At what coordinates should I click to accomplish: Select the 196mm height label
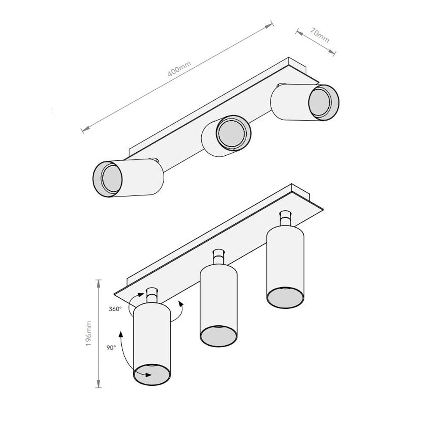point(88,334)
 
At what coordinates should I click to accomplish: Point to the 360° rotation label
point(115,309)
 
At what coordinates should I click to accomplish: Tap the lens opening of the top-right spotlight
point(320,102)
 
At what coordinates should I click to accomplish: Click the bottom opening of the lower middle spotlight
point(218,337)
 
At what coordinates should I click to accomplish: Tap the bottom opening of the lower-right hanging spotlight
point(285,297)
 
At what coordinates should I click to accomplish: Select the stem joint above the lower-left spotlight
point(152,295)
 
